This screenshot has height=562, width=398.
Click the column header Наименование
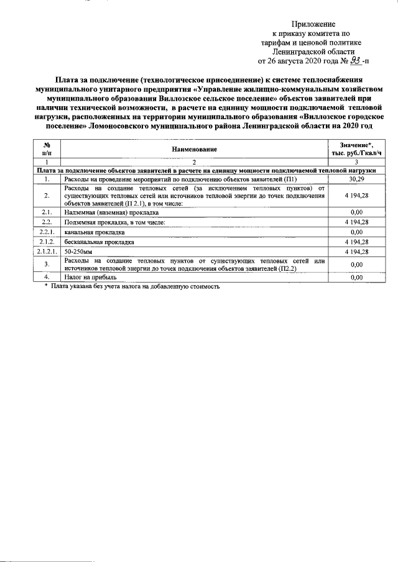194,149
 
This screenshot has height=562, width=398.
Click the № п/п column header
47,149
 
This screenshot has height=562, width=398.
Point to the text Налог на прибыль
90,277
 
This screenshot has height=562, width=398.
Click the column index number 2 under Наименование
194,162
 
